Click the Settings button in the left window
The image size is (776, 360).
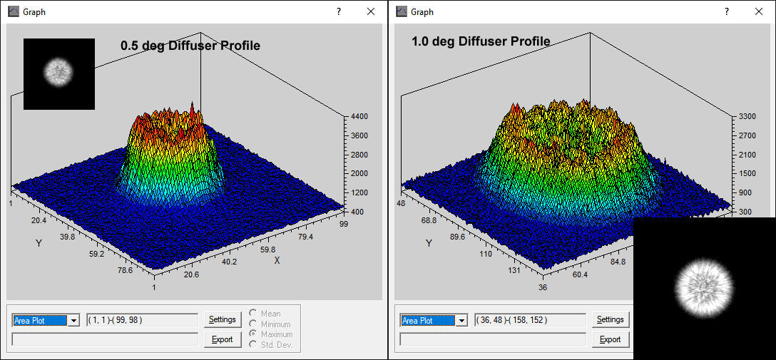click(x=223, y=319)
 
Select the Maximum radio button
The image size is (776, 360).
click(x=253, y=334)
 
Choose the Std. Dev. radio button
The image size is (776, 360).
click(x=253, y=345)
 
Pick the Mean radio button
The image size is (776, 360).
click(x=253, y=314)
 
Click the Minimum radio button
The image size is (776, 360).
click(x=253, y=324)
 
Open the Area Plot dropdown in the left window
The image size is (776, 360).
click(x=73, y=321)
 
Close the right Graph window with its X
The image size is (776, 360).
click(x=758, y=11)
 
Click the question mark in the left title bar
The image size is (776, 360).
click(x=339, y=11)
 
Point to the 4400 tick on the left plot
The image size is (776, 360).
click(x=358, y=117)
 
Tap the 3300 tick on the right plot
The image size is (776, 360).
click(x=746, y=116)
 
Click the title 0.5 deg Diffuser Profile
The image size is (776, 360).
click(x=190, y=46)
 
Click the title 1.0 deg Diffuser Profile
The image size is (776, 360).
click(x=481, y=41)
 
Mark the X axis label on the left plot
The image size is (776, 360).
click(x=277, y=261)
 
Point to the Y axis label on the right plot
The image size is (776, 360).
click(x=429, y=243)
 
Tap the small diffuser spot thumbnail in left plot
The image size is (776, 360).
click(x=58, y=73)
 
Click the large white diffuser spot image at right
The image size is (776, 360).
click(x=704, y=288)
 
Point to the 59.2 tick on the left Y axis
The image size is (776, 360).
click(x=97, y=254)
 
